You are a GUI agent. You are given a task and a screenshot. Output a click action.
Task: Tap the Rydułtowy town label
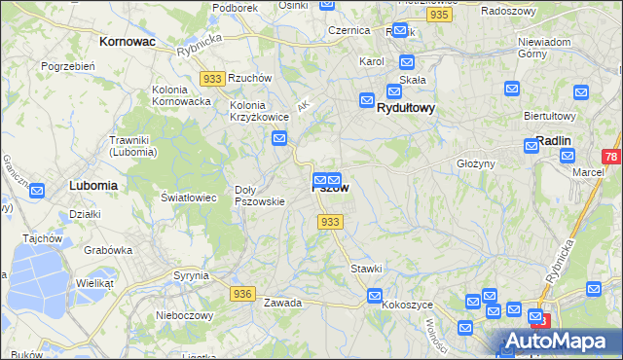[405, 109]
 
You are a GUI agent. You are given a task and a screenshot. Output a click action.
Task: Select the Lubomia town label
[93, 184]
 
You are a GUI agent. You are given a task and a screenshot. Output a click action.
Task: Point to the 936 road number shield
[243, 293]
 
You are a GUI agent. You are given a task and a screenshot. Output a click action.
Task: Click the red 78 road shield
[610, 157]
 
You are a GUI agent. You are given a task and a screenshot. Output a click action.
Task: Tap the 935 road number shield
[438, 16]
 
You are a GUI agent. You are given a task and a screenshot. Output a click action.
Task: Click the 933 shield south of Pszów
[330, 222]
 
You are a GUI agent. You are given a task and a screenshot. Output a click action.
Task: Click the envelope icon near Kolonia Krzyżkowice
[279, 139]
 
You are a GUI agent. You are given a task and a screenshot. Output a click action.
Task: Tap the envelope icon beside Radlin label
[531, 145]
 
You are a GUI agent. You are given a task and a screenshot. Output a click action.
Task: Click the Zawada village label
[282, 303]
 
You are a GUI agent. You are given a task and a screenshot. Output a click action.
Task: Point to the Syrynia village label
[191, 275]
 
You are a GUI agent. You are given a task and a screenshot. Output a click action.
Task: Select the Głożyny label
[477, 163]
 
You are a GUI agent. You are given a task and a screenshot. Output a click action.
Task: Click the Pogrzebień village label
[66, 66]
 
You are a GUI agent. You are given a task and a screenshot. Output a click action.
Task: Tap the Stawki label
[366, 268]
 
